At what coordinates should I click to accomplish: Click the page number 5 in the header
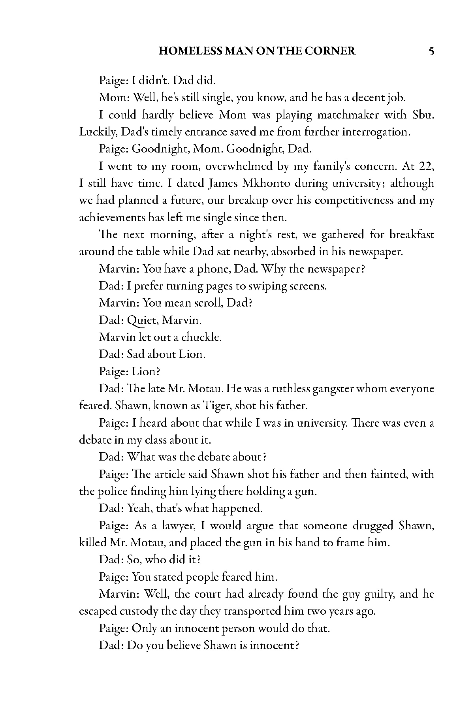click(431, 51)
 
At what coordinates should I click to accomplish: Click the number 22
click(426, 166)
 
